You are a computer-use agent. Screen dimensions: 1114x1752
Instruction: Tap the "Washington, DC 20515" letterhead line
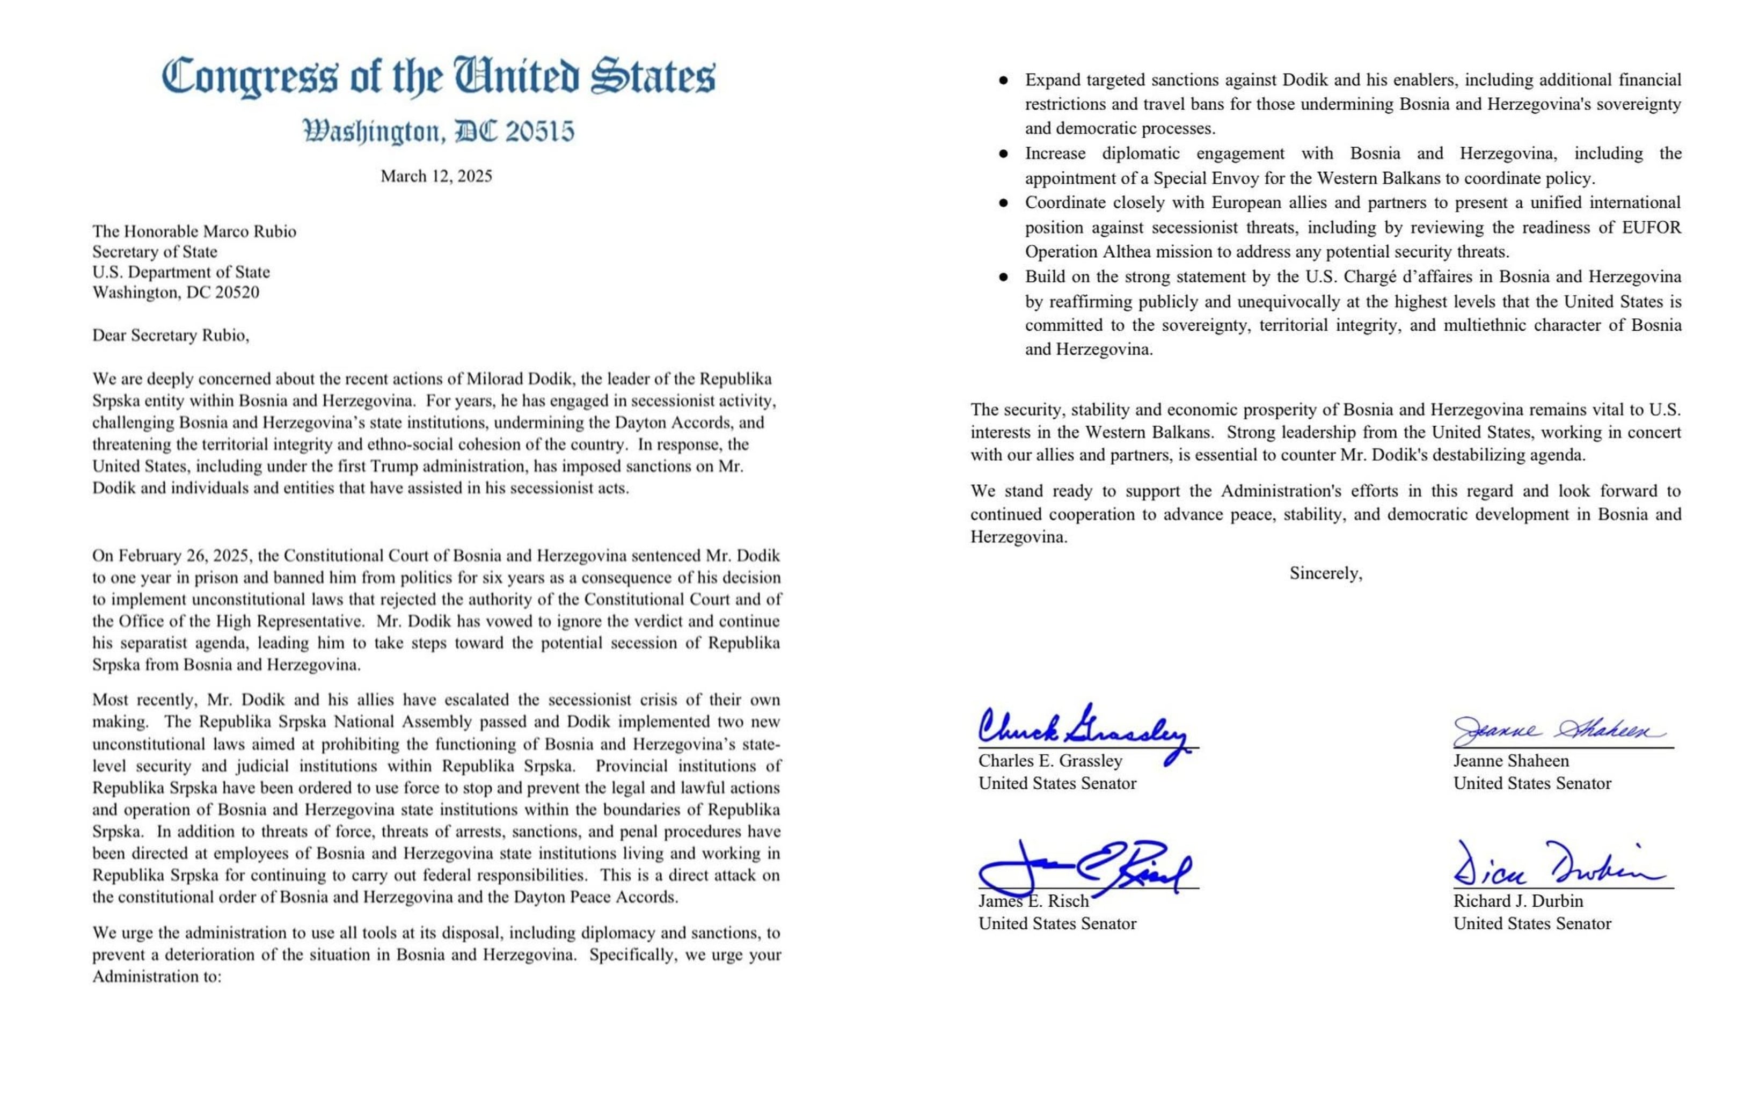tap(438, 132)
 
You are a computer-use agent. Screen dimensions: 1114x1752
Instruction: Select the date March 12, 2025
tap(436, 176)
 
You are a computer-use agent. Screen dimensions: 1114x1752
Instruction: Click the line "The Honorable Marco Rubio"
tap(194, 231)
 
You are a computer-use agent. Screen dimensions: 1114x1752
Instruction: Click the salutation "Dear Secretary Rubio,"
tap(170, 336)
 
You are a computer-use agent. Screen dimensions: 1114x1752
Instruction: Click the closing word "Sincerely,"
tap(1326, 573)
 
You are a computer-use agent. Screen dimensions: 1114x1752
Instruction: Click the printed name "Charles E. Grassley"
tap(1050, 761)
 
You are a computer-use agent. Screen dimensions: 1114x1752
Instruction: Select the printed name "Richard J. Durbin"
tap(1518, 901)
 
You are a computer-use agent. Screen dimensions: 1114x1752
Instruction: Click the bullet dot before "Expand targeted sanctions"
tap(1003, 80)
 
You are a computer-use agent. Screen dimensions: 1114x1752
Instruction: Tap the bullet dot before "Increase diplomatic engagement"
tap(1003, 154)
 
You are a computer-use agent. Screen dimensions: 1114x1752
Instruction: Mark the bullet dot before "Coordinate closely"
tap(1003, 203)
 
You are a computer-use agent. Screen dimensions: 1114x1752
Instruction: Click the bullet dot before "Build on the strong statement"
tap(1003, 276)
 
